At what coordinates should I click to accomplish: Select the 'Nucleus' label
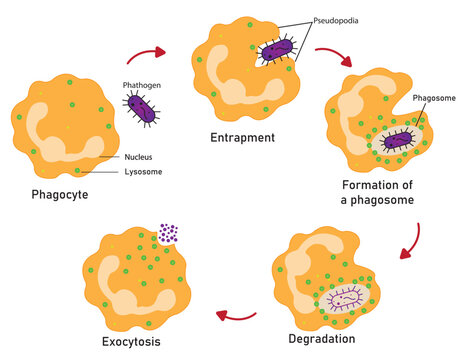[139, 157]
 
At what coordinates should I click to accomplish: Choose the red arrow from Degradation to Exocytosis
[238, 317]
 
